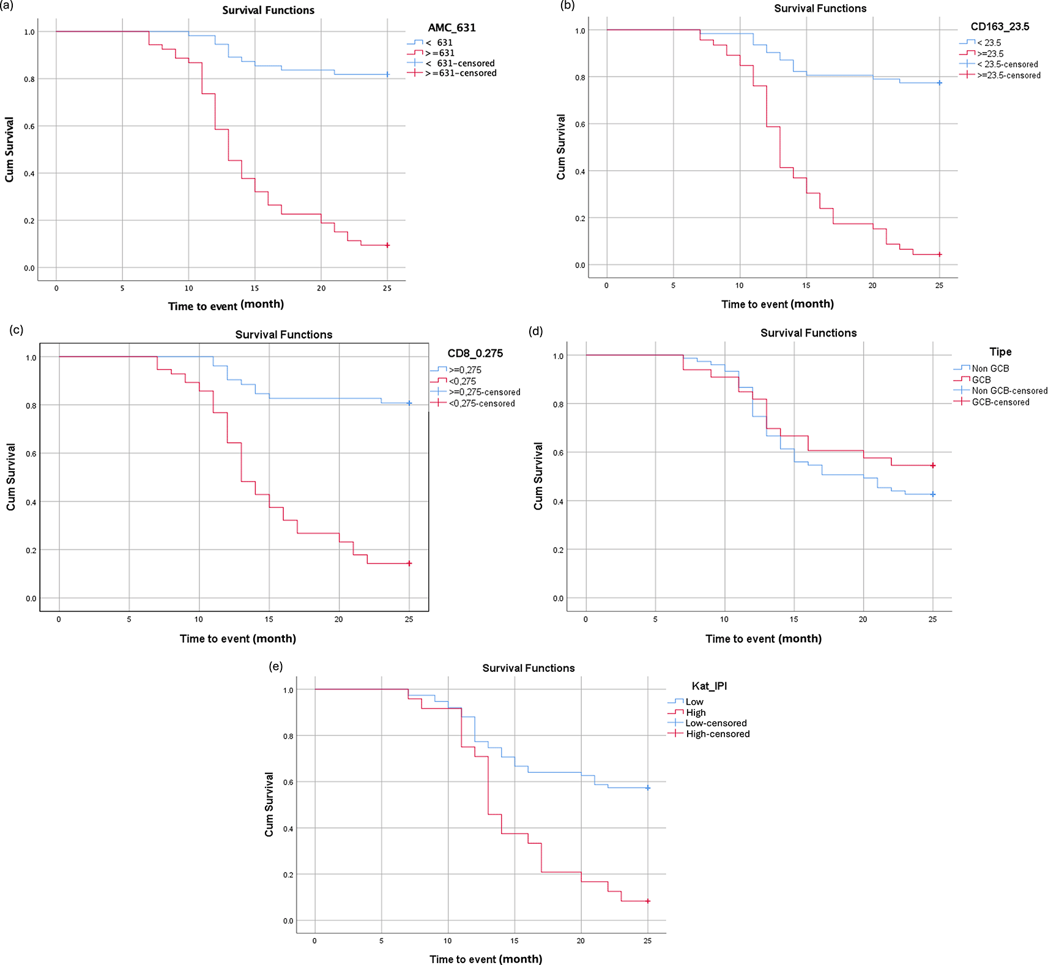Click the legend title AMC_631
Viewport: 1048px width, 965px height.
452,28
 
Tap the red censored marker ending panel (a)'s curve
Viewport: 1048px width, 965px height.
387,245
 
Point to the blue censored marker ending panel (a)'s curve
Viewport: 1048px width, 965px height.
387,75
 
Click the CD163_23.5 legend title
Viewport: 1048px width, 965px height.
1000,26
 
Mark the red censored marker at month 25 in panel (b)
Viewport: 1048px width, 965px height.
940,255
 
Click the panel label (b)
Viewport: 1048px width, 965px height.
567,6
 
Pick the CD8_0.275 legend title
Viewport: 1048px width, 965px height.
475,353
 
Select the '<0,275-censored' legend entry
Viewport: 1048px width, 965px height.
481,403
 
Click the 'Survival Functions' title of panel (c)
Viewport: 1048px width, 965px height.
284,335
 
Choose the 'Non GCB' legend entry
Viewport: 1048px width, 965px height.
990,368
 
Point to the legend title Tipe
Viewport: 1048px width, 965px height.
1000,352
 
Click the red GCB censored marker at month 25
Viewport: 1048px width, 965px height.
933,466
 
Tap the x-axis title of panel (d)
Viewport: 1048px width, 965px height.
763,639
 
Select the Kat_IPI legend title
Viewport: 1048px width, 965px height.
709,686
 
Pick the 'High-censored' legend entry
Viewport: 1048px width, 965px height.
717,734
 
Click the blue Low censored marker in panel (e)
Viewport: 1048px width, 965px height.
648,788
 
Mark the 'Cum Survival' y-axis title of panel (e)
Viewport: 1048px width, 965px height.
269,804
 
